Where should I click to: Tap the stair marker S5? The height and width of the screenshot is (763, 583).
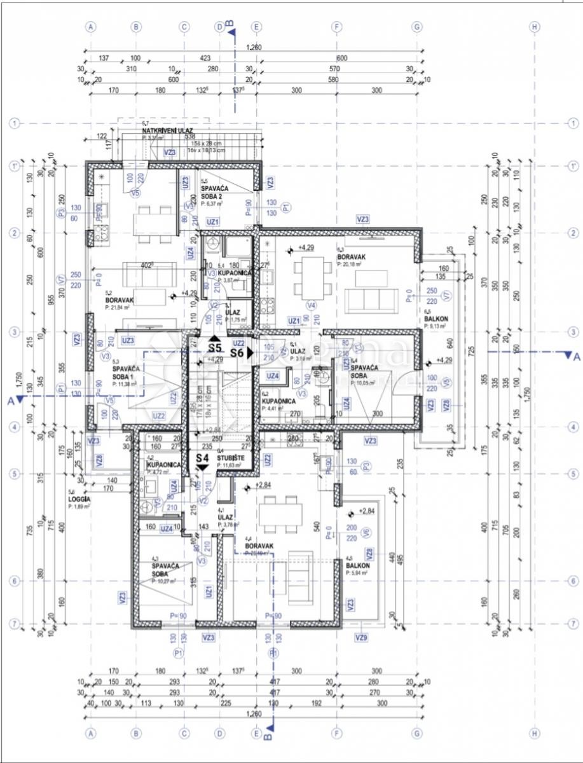214,348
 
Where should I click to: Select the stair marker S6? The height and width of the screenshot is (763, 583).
238,352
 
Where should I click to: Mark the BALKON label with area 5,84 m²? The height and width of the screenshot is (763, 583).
357,565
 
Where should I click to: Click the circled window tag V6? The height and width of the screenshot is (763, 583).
365,532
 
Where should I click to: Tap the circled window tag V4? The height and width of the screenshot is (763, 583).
312,305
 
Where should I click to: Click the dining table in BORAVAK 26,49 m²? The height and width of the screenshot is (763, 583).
281,514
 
